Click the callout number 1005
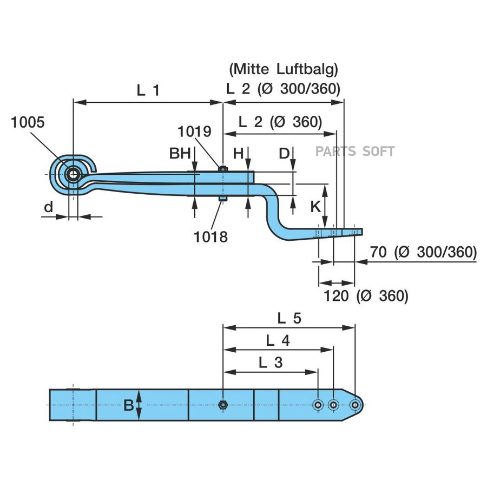[x=28, y=122]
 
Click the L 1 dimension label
[x=148, y=90]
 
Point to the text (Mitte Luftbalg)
[x=284, y=69]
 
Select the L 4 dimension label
[x=278, y=340]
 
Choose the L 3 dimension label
[x=271, y=363]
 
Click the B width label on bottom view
[x=128, y=405]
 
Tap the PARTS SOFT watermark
[x=356, y=152]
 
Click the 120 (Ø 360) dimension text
[x=365, y=295]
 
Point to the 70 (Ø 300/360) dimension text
[x=423, y=252]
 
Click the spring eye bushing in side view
[x=73, y=174]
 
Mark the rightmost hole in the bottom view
[x=354, y=405]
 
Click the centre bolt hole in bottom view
[x=222, y=405]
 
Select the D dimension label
[x=285, y=154]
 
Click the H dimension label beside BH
[x=238, y=154]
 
